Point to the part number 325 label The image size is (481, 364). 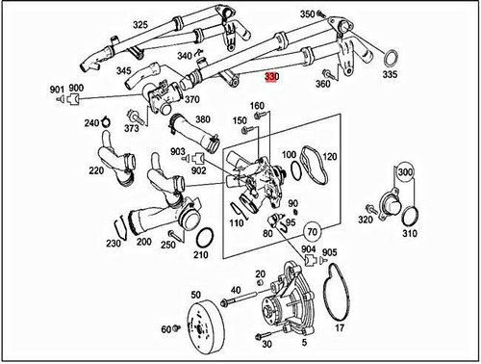[x=140, y=24]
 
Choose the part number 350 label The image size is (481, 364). [x=307, y=14]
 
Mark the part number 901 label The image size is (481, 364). [x=55, y=89]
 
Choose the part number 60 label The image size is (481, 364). [x=166, y=330]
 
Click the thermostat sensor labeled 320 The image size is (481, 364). [x=376, y=209]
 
